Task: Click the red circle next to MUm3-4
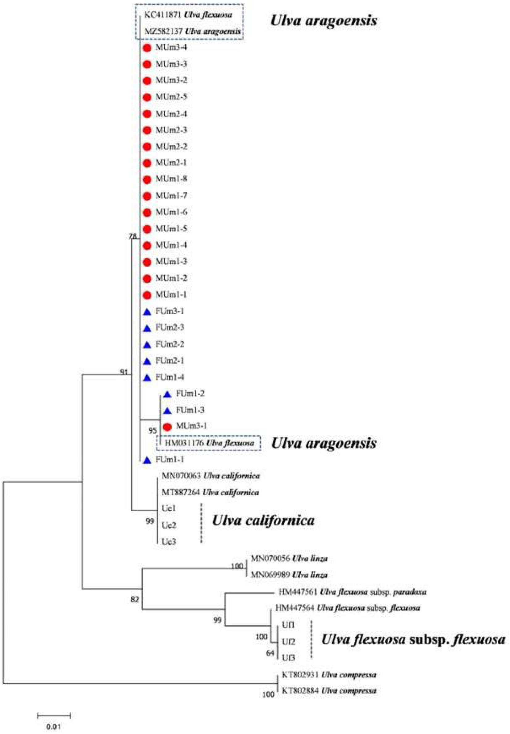point(147,48)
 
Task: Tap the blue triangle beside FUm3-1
point(147,312)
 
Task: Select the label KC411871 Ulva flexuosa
point(188,15)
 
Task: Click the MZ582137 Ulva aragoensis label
point(192,31)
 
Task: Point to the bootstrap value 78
point(132,236)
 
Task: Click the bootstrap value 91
point(124,372)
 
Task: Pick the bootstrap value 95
point(153,431)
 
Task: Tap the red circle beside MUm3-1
point(167,426)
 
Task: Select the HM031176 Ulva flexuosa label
point(209,443)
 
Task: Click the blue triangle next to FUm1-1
point(147,460)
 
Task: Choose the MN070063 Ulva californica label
point(211,476)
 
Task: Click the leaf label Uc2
point(169,525)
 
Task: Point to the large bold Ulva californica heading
point(263,521)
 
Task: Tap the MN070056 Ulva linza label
point(289,559)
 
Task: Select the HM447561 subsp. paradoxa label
point(352,592)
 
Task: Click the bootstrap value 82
point(135,599)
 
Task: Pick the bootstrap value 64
point(270,653)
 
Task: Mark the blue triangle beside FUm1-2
point(167,394)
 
